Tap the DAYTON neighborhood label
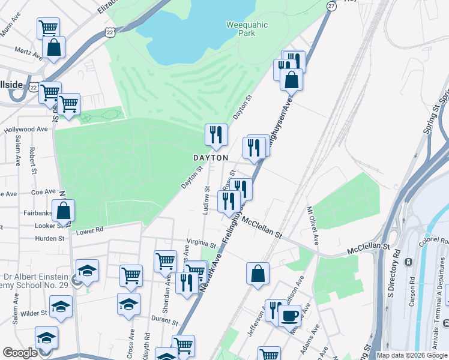210,157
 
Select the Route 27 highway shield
331,5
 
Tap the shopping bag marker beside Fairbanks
63,211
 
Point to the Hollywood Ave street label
26,129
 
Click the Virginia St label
201,245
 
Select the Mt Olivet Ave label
313,225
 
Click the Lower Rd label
90,229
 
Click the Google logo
19,353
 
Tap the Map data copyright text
412,355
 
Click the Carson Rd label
412,291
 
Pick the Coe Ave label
43,192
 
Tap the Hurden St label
50,238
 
